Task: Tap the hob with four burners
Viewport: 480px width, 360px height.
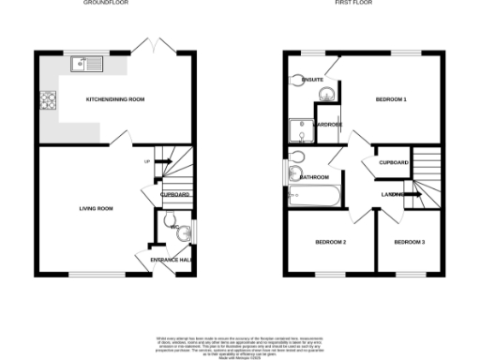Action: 48,98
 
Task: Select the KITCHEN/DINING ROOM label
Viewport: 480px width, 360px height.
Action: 114,98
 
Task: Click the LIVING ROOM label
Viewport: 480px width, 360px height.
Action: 95,207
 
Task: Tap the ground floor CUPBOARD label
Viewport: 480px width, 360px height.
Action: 175,195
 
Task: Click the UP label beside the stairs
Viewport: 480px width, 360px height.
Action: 146,162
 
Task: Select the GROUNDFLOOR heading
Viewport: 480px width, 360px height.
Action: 107,4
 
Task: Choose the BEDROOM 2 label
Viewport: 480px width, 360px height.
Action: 331,243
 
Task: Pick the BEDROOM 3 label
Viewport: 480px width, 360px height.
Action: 410,243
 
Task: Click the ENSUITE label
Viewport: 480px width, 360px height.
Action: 313,80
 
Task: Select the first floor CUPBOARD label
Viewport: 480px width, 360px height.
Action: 394,162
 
